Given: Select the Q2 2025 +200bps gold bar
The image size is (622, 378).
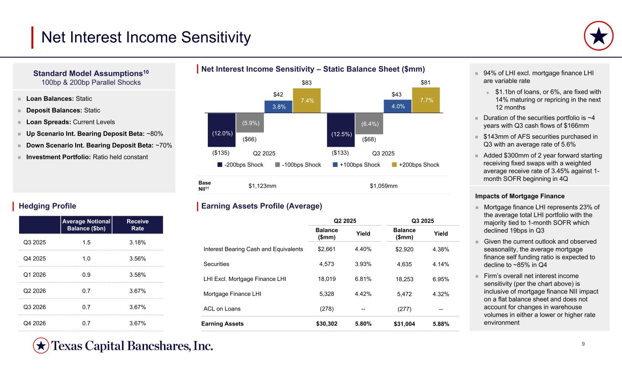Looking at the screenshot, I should tap(306, 100).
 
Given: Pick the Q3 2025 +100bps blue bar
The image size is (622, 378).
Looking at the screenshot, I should tap(397, 106).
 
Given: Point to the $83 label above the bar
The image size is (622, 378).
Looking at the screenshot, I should tap(306, 83).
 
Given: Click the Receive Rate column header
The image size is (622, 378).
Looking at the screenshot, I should tap(137, 224).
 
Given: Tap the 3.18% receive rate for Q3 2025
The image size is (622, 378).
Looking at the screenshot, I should tap(137, 243).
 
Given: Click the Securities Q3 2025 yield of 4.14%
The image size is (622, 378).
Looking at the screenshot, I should tap(441, 264).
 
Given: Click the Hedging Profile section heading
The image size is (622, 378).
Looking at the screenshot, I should tap(47, 206).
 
